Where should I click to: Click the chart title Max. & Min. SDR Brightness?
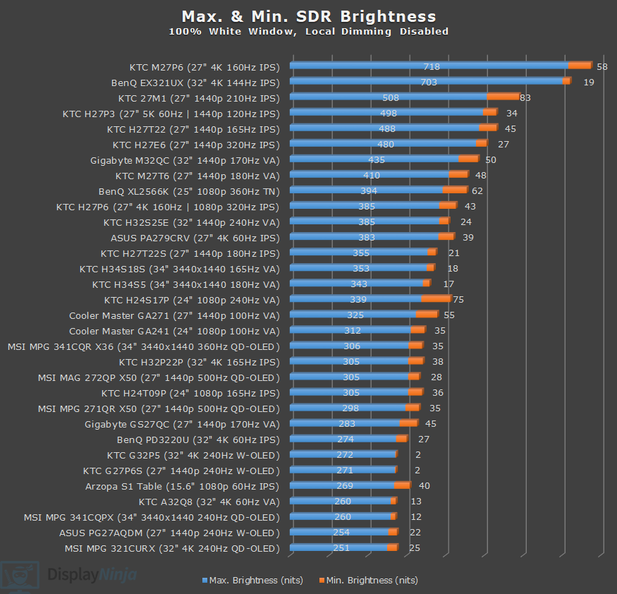[308, 16]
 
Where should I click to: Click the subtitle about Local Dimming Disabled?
[308, 32]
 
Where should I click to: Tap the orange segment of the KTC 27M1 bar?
[503, 97]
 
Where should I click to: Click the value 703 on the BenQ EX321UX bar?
[428, 82]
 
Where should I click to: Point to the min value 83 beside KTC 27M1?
[525, 97]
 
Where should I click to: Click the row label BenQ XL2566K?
[189, 191]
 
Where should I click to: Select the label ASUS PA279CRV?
[195, 238]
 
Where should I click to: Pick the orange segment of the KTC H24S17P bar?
[436, 299]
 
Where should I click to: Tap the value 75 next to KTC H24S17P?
[458, 300]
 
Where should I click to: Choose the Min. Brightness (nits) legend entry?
[368, 581]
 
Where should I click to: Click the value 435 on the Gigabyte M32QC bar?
[377, 160]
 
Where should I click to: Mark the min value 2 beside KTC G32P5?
[418, 455]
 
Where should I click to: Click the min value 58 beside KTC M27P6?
[601, 66]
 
